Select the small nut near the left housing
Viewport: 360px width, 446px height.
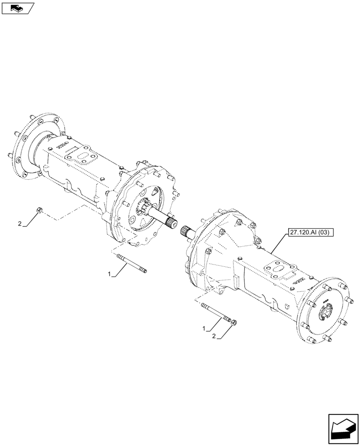coord(40,210)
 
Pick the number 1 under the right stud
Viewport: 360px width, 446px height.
coord(205,329)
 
